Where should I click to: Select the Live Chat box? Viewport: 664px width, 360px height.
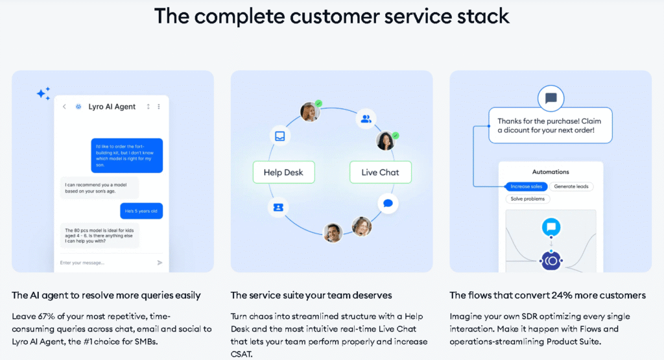pos(380,173)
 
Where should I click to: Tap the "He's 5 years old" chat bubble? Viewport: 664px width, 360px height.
pos(141,211)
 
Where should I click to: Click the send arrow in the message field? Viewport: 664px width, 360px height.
pos(160,263)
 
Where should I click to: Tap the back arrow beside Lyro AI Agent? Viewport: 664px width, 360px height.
pos(64,106)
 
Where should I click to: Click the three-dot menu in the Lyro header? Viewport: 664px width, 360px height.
pos(159,106)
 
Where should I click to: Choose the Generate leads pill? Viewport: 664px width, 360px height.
pos(573,187)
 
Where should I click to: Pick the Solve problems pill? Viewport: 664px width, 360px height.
pos(528,199)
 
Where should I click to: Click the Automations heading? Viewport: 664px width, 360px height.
pos(551,172)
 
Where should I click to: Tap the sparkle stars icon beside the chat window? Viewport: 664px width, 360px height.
pos(43,94)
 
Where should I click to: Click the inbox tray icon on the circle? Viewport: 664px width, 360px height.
pos(279,136)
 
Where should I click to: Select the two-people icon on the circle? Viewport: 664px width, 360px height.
pos(366,119)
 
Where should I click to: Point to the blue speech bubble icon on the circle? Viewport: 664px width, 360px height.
pos(388,203)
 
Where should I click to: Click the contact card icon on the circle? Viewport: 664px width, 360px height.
pos(278,207)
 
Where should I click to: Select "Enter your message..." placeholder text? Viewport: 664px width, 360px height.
pos(82,263)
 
